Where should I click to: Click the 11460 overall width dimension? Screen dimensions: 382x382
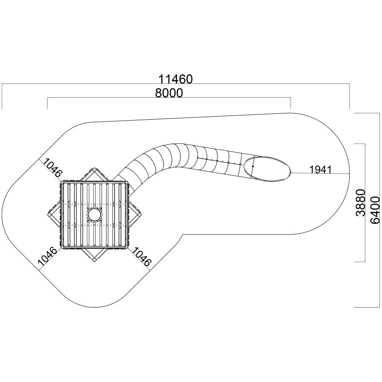click(x=176, y=79)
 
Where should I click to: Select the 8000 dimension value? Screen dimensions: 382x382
click(x=169, y=93)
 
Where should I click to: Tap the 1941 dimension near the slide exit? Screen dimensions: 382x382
click(x=320, y=169)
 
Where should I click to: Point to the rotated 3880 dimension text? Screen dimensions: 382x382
click(x=361, y=202)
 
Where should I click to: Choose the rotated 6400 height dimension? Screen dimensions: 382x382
click(x=374, y=210)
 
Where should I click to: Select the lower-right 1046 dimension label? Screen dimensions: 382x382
click(x=141, y=256)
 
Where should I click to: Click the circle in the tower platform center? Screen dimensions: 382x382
click(x=94, y=215)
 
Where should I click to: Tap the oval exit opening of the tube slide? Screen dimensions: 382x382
click(x=267, y=169)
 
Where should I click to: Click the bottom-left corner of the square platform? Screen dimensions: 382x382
click(x=61, y=249)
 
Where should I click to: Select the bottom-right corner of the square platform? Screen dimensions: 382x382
click(x=127, y=249)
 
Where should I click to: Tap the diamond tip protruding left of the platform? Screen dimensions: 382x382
click(x=48, y=215)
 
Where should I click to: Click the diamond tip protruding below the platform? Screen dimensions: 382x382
click(x=94, y=261)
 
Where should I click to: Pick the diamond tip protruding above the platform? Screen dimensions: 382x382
click(x=94, y=168)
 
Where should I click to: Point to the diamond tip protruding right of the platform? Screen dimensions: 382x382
click(x=141, y=215)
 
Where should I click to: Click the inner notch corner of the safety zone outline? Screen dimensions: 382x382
click(x=183, y=235)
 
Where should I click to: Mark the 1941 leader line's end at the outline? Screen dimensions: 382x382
click(x=350, y=174)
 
